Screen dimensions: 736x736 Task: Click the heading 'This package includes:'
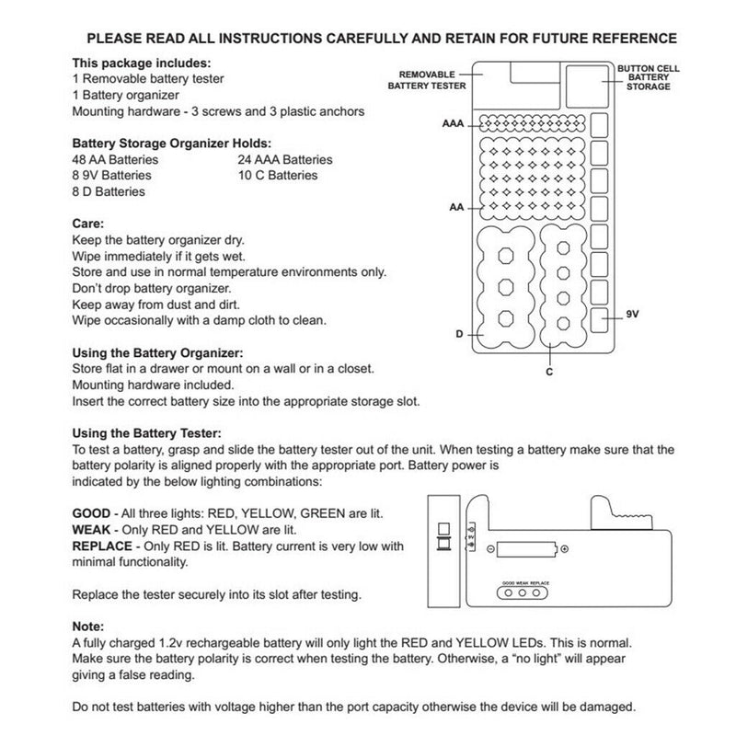click(x=142, y=63)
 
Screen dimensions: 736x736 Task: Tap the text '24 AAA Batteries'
click(x=285, y=159)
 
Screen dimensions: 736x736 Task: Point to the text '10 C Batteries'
click(x=277, y=175)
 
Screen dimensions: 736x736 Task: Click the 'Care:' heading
click(x=88, y=224)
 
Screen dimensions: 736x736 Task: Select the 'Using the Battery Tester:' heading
click(x=146, y=432)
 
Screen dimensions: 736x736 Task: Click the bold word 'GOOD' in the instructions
click(x=91, y=513)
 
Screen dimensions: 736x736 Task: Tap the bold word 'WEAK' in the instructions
click(x=91, y=530)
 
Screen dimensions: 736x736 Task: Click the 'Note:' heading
click(x=89, y=627)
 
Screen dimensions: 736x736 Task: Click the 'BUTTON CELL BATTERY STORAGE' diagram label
click(x=644, y=77)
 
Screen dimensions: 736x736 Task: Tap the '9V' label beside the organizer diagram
click(x=632, y=314)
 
